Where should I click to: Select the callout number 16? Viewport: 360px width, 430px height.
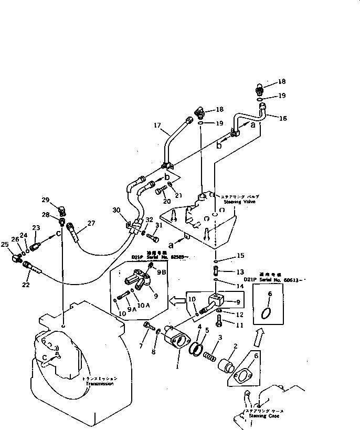point(283,119)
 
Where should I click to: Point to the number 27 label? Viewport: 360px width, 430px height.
point(91,223)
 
